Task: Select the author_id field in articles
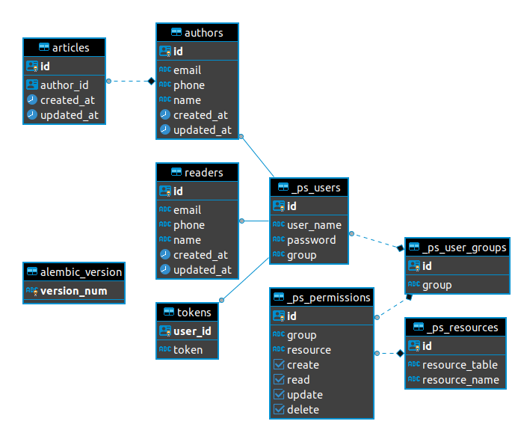[x=64, y=85]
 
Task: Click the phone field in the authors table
[x=188, y=85]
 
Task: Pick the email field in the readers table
[x=188, y=210]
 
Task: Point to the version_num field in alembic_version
[x=73, y=291]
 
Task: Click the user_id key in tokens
[x=191, y=331]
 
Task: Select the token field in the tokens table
[x=188, y=349]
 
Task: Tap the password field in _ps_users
[x=311, y=240]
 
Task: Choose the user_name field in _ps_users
[x=314, y=225]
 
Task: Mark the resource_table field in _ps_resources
[x=460, y=365]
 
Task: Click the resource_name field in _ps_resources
[x=460, y=380]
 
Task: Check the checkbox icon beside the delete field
[x=279, y=409]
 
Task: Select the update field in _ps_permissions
[x=304, y=395]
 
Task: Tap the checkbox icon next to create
[x=279, y=365]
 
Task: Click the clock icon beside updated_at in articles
[x=31, y=115]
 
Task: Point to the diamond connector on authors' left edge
[x=150, y=81]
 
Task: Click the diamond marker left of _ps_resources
[x=400, y=353]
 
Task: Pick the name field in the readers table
[x=187, y=240]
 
